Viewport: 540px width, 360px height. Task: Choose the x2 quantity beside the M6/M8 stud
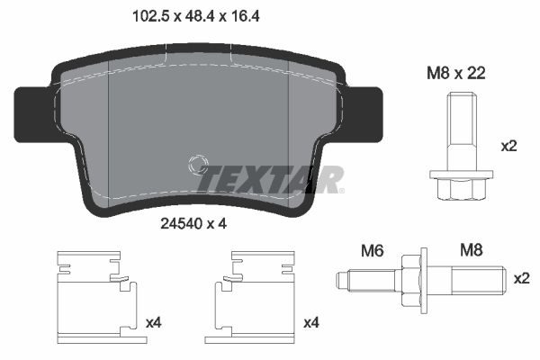point(521,279)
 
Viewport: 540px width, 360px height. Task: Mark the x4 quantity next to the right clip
point(311,321)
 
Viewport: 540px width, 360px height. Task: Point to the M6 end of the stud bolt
point(360,281)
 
